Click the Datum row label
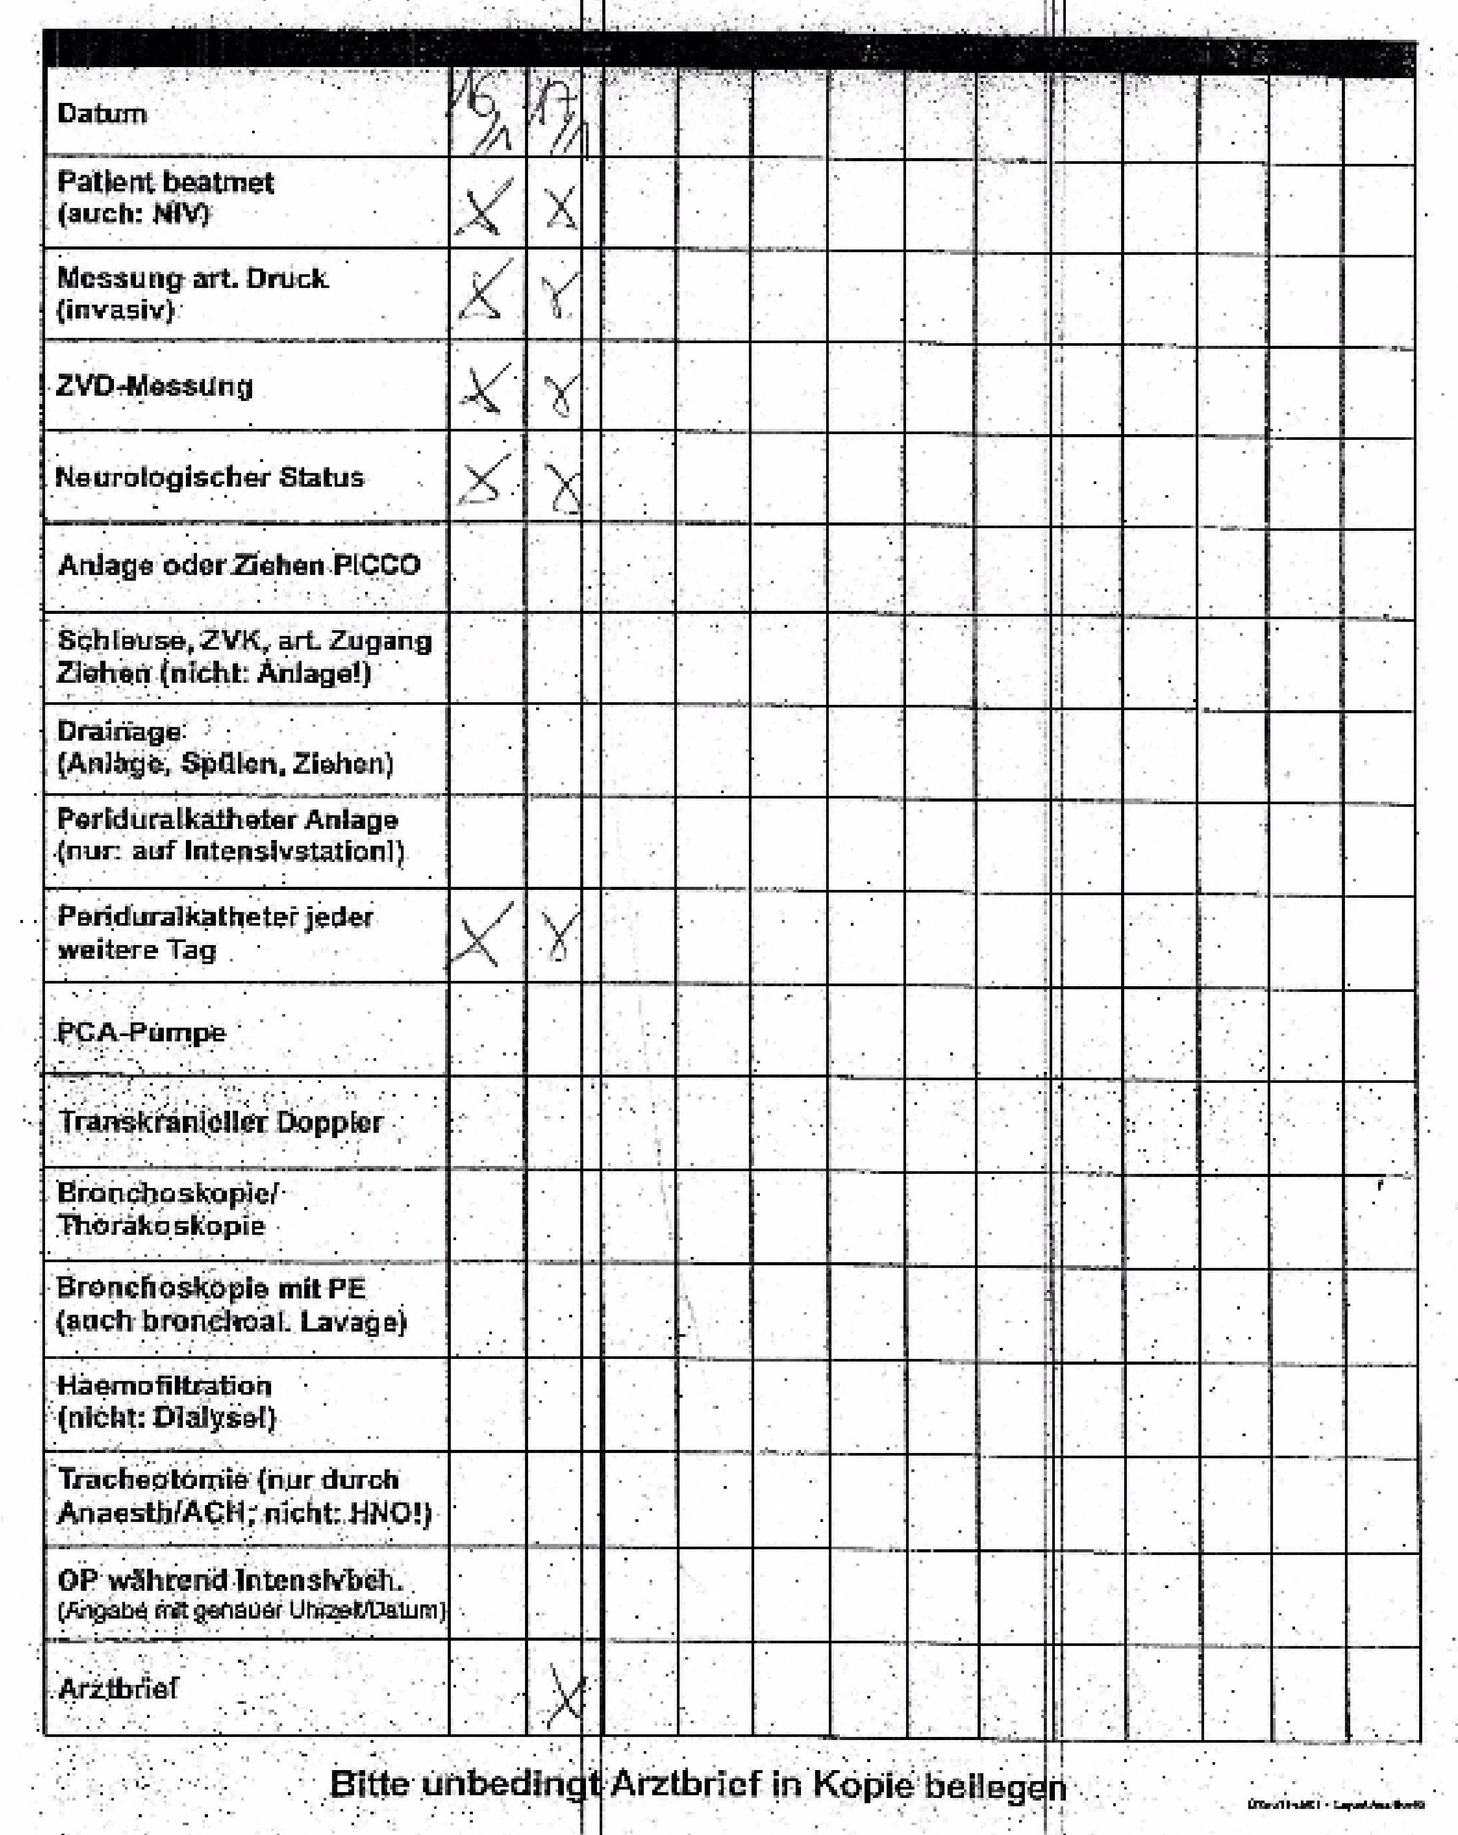pyautogui.click(x=101, y=114)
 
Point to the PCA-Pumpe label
pyautogui.click(x=141, y=1033)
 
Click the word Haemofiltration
pyautogui.click(x=164, y=1385)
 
